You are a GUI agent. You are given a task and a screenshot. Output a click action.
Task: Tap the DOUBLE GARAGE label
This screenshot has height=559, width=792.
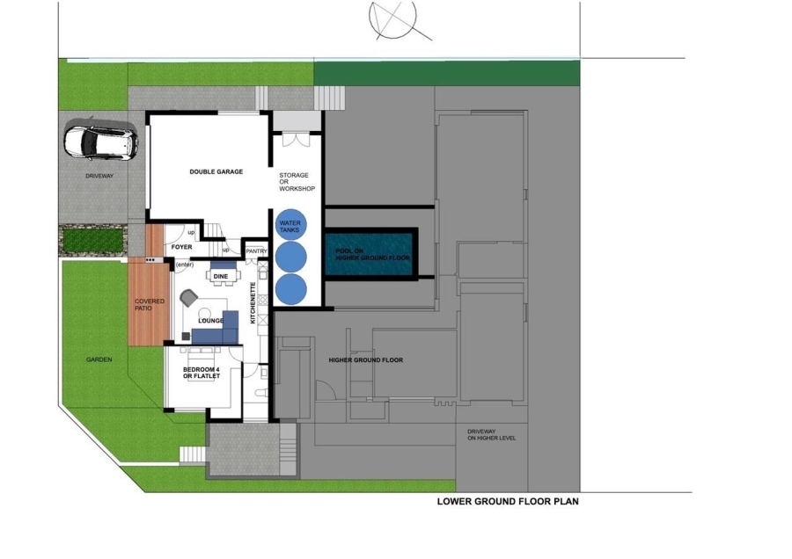216,171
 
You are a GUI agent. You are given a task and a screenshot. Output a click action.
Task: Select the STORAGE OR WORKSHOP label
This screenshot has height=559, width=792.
297,182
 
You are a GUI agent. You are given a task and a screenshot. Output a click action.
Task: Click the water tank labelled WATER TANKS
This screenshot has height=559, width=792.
290,225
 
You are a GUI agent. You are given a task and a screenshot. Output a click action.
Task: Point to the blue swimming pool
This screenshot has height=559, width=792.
370,256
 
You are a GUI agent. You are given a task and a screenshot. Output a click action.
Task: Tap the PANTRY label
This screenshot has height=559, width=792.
256,251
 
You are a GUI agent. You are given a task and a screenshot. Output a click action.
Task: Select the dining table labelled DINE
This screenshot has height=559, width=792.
221,275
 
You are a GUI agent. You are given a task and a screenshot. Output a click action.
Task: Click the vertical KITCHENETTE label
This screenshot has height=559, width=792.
253,304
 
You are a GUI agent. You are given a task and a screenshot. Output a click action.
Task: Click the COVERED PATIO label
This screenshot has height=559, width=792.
149,305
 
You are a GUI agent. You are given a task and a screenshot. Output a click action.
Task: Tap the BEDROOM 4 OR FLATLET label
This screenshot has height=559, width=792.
201,373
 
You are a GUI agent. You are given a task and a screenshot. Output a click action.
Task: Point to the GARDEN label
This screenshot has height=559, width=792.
99,359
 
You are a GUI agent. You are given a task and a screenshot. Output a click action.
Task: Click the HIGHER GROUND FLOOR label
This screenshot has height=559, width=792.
365,360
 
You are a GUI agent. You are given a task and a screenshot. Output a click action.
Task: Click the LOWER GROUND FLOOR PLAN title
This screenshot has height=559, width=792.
507,503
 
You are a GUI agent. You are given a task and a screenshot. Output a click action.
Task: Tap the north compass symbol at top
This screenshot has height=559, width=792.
393,17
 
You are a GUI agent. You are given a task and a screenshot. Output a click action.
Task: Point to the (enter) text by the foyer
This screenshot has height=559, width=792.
185,265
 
